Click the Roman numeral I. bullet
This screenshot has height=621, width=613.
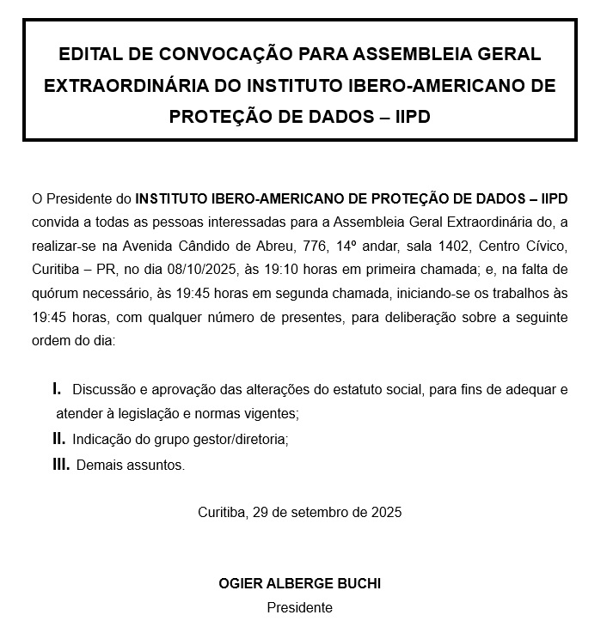(x=57, y=389)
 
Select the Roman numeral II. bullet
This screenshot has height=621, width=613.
(x=58, y=439)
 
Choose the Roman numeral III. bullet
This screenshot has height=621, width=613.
(x=61, y=465)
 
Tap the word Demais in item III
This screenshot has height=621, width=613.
(x=97, y=466)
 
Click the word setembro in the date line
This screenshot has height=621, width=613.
(x=314, y=512)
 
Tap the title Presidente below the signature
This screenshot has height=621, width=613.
(x=299, y=607)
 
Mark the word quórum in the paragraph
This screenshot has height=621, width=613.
(x=53, y=293)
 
